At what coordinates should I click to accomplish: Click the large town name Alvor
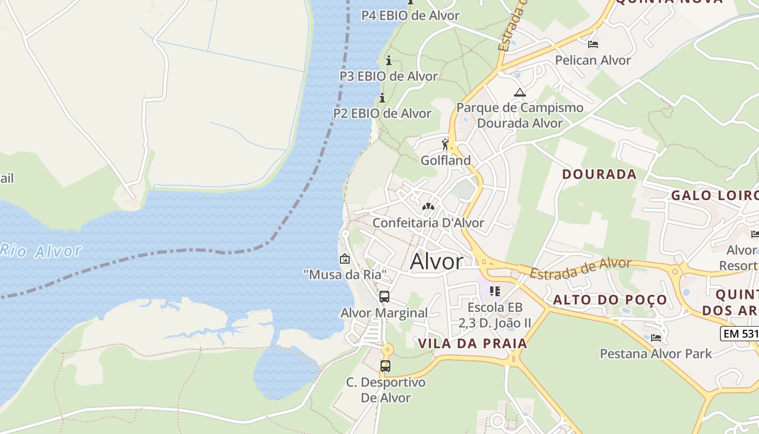coord(436,262)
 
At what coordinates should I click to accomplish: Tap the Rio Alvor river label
coord(41,251)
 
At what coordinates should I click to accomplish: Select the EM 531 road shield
coord(740,333)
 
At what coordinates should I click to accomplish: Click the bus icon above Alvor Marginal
coord(384,297)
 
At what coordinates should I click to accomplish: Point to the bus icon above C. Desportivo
coord(385,366)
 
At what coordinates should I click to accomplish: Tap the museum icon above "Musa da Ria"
coord(344,259)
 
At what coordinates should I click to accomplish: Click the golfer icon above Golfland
coord(446,144)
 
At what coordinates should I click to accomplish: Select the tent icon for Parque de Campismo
coord(520,92)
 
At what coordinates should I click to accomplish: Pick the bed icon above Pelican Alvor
coord(593,44)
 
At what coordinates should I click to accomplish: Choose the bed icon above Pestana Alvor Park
coord(656,338)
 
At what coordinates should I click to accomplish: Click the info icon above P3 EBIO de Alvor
coord(388,60)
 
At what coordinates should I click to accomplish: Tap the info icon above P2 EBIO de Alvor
coord(382,98)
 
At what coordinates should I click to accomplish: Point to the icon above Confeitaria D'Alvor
coord(428,207)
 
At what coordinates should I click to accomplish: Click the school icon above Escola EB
coord(494,291)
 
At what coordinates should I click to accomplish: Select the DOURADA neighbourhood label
coord(599,174)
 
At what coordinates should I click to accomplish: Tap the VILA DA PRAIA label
coord(473,343)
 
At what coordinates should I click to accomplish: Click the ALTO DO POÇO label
coord(610,299)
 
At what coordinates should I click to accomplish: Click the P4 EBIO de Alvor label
coord(410,15)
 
